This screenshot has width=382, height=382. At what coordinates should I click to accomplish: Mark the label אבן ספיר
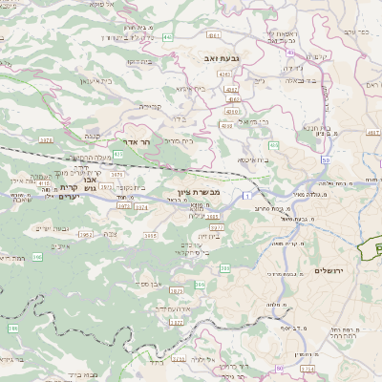point(148,284)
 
